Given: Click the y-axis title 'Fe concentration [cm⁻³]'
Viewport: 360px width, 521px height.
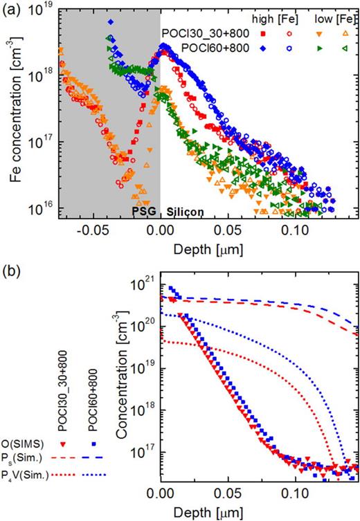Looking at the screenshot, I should point(15,111).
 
